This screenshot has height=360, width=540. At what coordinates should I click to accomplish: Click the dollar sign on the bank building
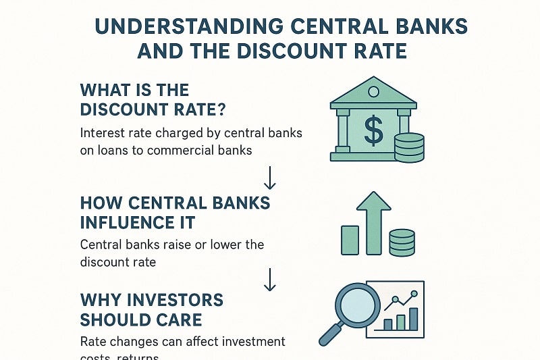click(373, 131)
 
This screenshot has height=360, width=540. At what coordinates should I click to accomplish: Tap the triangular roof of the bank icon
click(372, 92)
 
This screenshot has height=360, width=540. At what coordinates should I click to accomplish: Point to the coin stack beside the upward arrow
click(402, 242)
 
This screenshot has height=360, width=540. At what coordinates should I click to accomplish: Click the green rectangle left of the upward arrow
click(350, 240)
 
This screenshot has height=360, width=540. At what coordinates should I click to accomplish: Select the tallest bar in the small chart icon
click(413, 319)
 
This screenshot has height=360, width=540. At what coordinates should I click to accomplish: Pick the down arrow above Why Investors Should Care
click(270, 279)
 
